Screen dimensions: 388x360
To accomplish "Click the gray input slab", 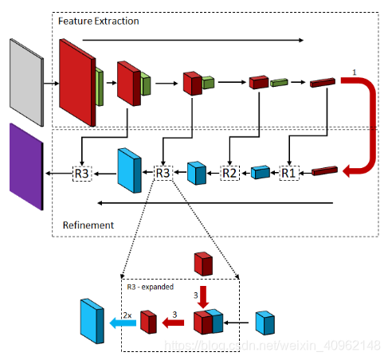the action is (26, 82).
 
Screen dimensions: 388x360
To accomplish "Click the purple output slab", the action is (26, 166).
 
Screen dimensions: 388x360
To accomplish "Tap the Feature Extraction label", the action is (99, 22).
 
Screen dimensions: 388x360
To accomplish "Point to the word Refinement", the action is (88, 225).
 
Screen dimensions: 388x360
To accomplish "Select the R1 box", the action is (289, 173).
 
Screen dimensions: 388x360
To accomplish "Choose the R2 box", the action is (229, 173).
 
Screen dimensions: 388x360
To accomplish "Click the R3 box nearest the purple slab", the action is (82, 174).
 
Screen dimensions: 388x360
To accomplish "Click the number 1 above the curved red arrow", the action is (354, 72).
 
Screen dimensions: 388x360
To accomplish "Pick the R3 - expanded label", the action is (151, 287).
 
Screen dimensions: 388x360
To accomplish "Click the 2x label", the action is (127, 315).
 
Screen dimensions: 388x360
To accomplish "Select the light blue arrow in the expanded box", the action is (123, 323).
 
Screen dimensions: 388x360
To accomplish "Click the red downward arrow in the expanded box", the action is (203, 297).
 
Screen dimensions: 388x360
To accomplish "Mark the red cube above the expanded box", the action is (203, 264).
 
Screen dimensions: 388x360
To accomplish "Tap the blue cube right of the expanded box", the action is (265, 323).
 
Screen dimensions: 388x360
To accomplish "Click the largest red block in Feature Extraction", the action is (77, 82).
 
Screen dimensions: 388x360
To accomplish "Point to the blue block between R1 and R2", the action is (261, 172).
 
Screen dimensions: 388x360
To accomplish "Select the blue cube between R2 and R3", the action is (197, 173).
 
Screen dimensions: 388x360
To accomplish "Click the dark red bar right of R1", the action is (324, 170).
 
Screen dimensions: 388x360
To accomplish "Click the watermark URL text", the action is (272, 346).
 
